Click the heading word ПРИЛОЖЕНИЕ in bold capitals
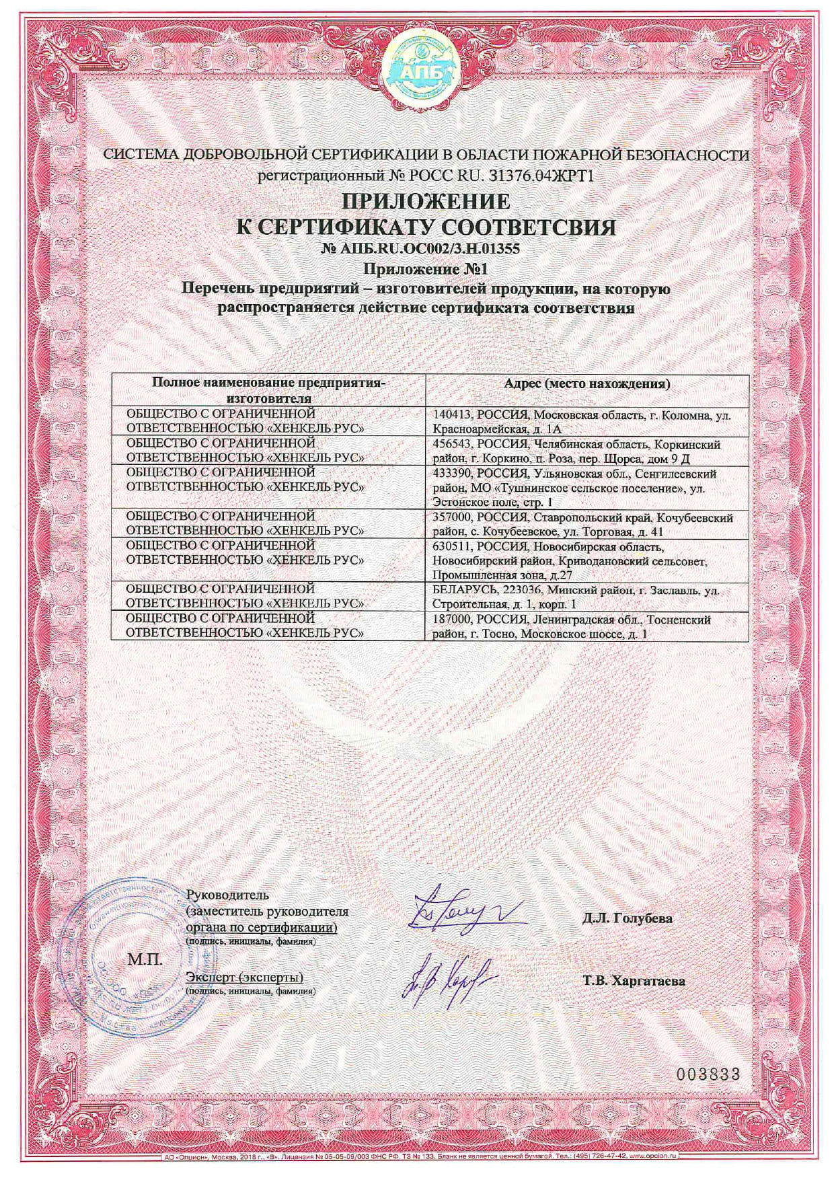pos(426,200)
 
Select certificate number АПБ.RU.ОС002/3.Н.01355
pos(421,249)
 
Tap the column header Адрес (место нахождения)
pos(587,384)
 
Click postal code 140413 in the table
pos(454,416)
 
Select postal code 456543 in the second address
pos(454,445)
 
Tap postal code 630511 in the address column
pos(454,547)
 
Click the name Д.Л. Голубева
pos(627,918)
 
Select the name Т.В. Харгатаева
pos(634,981)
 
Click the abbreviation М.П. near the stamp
pos(145,959)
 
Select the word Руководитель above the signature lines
pos(227,895)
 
